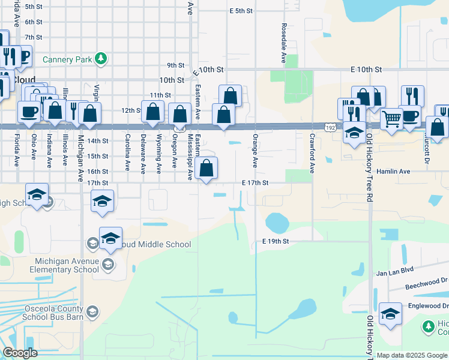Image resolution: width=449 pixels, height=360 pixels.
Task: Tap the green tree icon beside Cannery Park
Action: pyautogui.click(x=102, y=58)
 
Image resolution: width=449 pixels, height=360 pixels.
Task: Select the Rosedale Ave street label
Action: pyautogui.click(x=283, y=44)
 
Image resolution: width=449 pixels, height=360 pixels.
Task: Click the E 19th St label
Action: pyautogui.click(x=276, y=241)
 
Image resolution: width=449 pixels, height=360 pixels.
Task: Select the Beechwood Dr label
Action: pyautogui.click(x=427, y=280)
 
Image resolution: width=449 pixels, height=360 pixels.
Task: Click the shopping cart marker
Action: pyautogui.click(x=391, y=119)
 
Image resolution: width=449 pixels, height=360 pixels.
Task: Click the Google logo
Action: pyautogui.click(x=20, y=353)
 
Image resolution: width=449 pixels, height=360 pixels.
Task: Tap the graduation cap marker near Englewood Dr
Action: pyautogui.click(x=390, y=314)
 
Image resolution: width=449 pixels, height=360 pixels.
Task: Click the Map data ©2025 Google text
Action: pyautogui.click(x=412, y=355)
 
